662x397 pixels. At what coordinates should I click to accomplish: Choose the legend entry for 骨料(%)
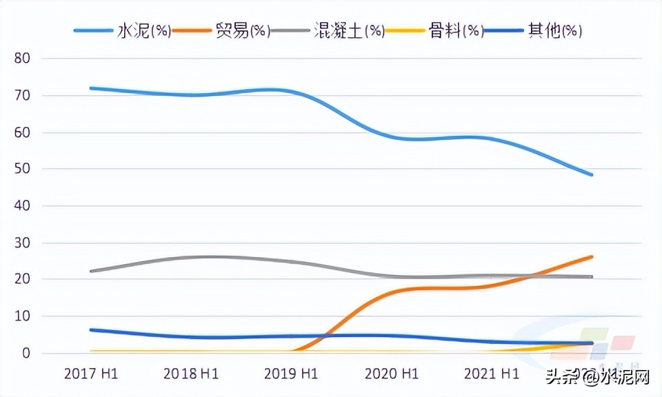456,31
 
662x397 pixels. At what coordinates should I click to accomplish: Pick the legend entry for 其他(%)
554,31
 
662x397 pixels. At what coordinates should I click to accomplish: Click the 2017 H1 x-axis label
91,374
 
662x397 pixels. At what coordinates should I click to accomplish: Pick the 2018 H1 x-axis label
191,374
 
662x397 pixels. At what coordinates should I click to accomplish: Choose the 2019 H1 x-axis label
291,374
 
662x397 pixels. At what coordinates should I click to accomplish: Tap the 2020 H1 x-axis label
391,374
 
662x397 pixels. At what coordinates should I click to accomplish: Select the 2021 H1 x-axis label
491,374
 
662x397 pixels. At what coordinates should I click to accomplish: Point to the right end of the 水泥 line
591,174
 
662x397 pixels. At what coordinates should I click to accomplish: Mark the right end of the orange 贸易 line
591,257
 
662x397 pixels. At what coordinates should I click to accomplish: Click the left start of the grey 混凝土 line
91,271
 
